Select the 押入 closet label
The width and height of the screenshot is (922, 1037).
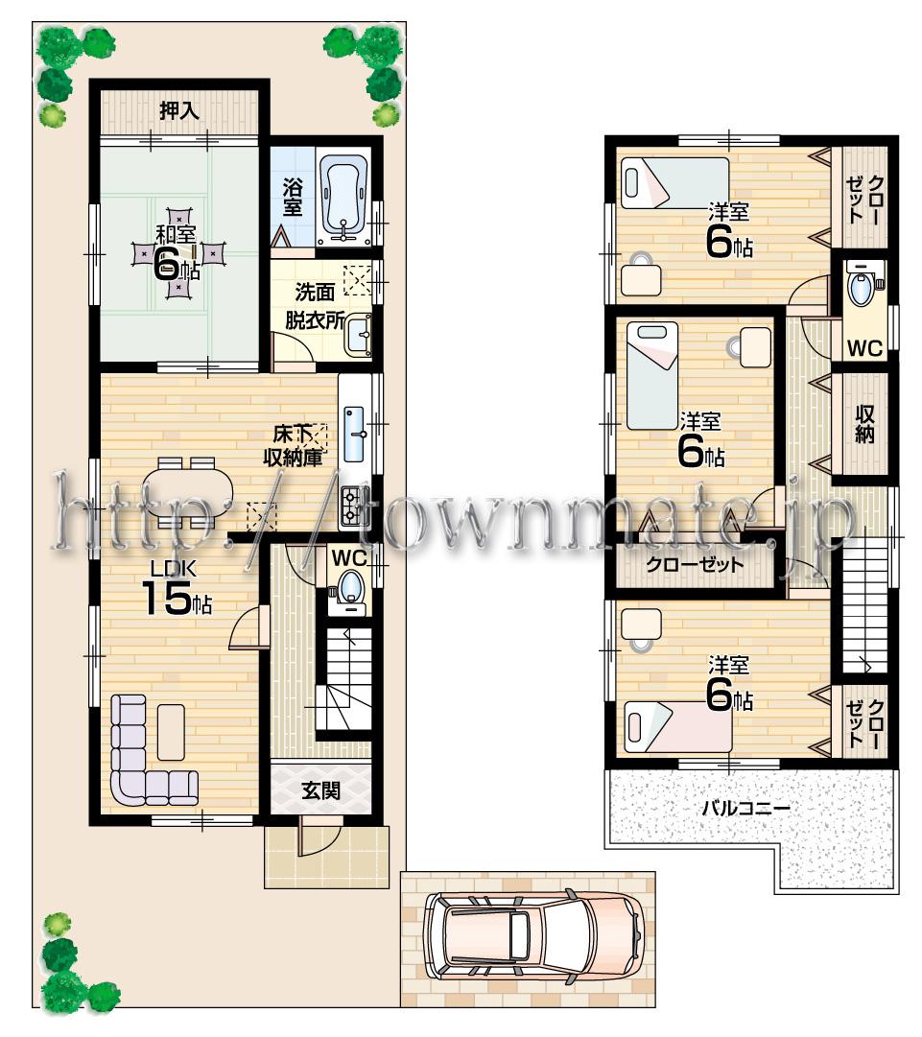click(179, 110)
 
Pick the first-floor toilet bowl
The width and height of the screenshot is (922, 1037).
click(350, 586)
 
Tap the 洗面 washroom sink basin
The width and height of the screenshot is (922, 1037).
click(359, 335)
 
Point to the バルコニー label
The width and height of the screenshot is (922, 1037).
click(745, 808)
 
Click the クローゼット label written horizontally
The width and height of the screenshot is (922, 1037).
click(695, 564)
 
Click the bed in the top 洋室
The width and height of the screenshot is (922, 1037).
click(674, 182)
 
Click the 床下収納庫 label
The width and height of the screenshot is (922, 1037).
click(293, 446)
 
